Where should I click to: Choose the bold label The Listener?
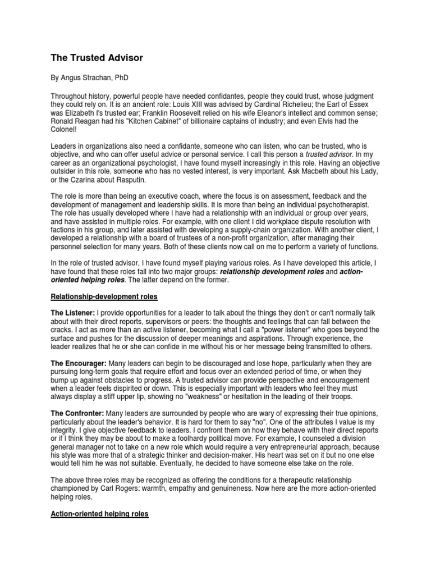[x=73, y=312]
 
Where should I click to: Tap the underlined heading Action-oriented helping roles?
[x=100, y=514]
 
